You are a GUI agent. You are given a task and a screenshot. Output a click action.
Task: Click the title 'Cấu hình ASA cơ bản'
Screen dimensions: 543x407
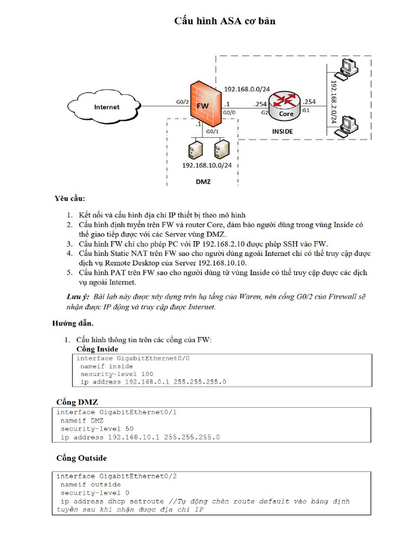(x=225, y=21)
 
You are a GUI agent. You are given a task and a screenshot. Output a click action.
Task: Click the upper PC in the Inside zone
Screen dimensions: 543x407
(x=348, y=68)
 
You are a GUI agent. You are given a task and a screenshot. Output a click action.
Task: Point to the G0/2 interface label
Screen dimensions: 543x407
(x=182, y=101)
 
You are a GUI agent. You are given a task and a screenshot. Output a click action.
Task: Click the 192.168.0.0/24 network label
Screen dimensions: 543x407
(x=246, y=89)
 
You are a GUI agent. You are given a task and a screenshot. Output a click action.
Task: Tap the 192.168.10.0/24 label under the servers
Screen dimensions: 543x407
(x=207, y=165)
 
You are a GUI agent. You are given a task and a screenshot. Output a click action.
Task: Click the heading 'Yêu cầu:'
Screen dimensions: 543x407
(x=69, y=199)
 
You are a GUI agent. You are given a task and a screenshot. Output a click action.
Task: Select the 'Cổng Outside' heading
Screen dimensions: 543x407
(x=81, y=458)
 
